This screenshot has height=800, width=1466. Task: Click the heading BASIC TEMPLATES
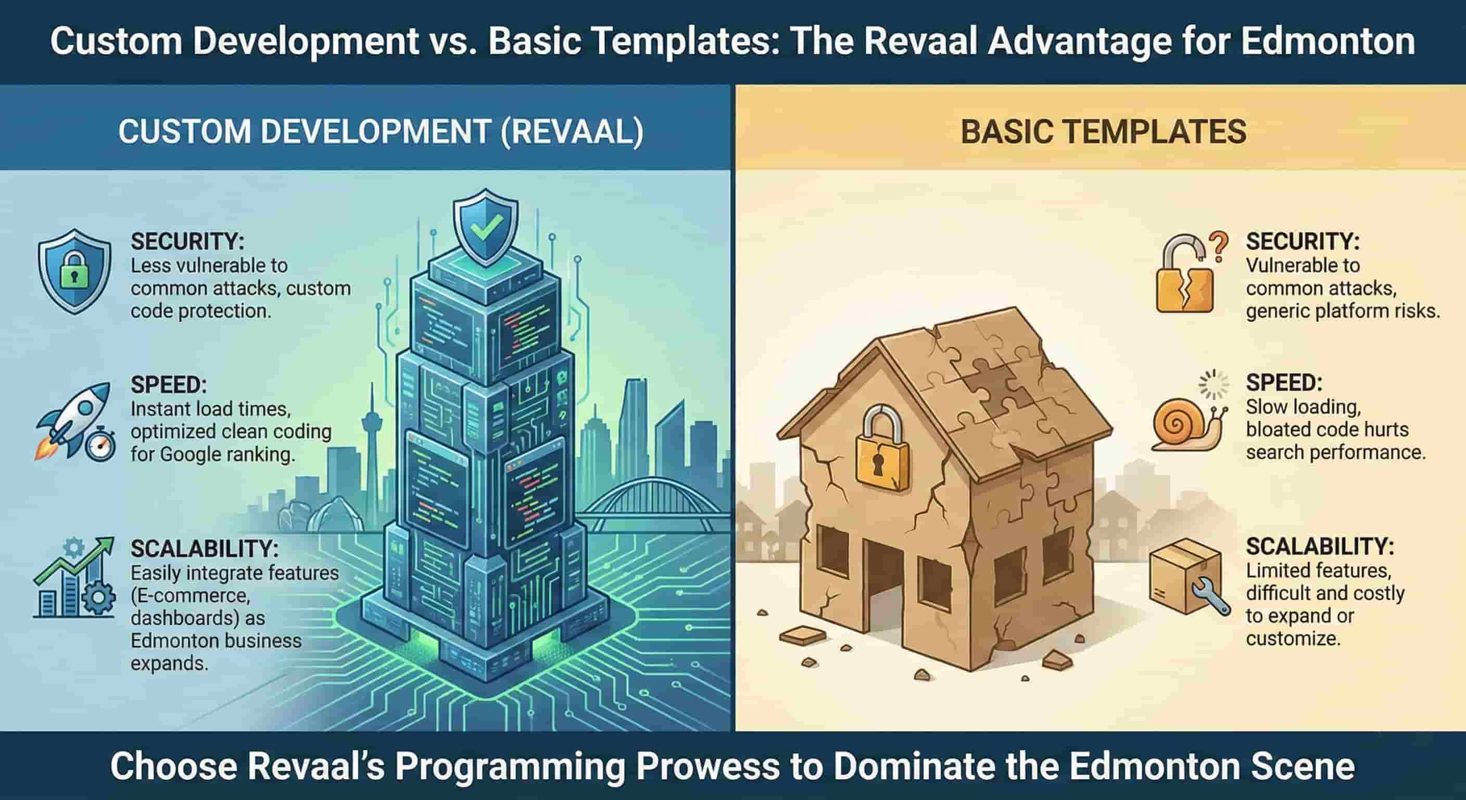[1104, 132]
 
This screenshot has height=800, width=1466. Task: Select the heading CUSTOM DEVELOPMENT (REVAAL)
[381, 132]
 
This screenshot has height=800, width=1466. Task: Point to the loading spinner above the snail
[1214, 384]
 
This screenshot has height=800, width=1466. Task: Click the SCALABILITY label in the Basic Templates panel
[1320, 547]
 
